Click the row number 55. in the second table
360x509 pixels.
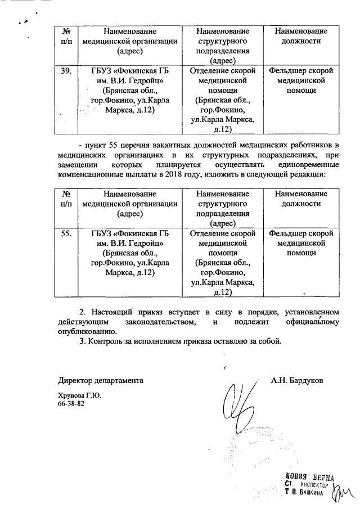(66, 233)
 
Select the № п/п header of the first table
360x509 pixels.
(66, 36)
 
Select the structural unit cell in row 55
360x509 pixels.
(223, 262)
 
